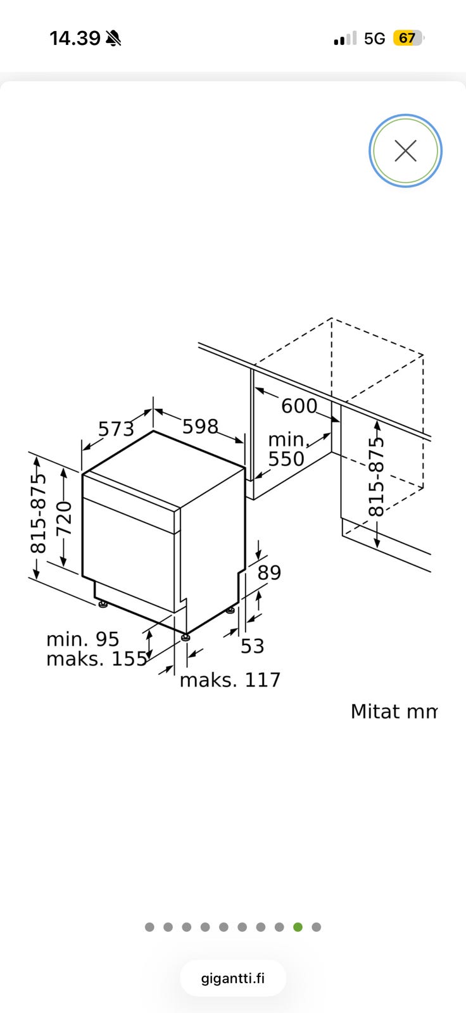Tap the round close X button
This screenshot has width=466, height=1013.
click(x=405, y=151)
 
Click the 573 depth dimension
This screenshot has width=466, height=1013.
click(x=116, y=429)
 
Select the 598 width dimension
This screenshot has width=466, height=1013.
click(x=201, y=426)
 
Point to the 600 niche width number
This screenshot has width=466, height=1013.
click(x=299, y=406)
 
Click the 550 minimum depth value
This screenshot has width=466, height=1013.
click(x=286, y=458)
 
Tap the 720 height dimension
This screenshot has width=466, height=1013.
click(x=64, y=519)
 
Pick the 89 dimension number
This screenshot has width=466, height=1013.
click(x=269, y=572)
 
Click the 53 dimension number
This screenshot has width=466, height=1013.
click(x=252, y=646)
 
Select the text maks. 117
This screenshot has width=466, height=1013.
click(x=230, y=680)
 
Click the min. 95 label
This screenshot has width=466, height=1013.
click(x=83, y=639)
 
